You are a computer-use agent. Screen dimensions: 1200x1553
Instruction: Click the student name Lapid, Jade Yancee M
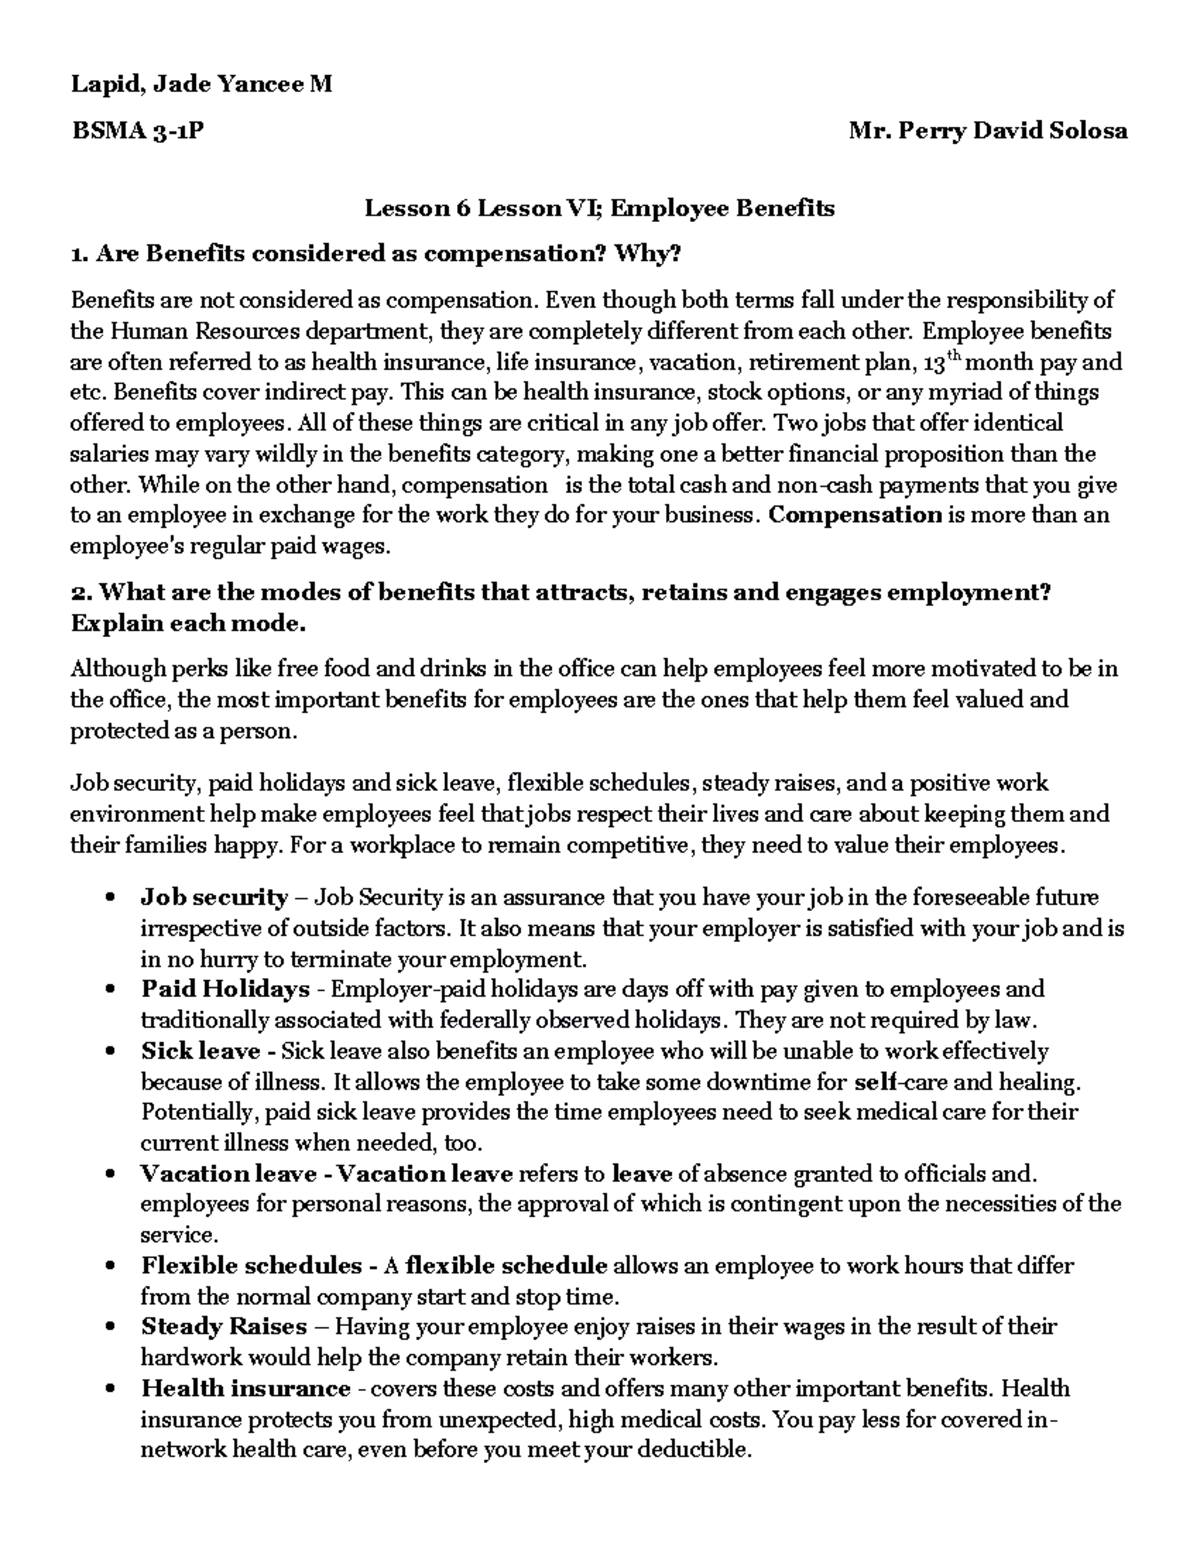tap(200, 85)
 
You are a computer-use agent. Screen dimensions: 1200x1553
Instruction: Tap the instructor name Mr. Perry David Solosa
tap(987, 131)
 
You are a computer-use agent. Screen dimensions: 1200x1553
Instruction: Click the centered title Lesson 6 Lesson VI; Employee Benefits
tap(599, 208)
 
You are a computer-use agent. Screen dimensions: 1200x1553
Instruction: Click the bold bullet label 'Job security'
tap(214, 897)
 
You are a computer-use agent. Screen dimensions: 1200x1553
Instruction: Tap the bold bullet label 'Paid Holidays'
tap(225, 989)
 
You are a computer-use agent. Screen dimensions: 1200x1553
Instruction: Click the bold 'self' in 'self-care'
tap(874, 1082)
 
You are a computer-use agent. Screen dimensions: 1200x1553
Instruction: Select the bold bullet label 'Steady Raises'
tap(224, 1327)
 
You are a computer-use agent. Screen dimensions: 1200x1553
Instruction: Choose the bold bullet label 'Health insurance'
tap(245, 1389)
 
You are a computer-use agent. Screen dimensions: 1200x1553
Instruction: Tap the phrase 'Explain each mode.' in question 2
tap(188, 624)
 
